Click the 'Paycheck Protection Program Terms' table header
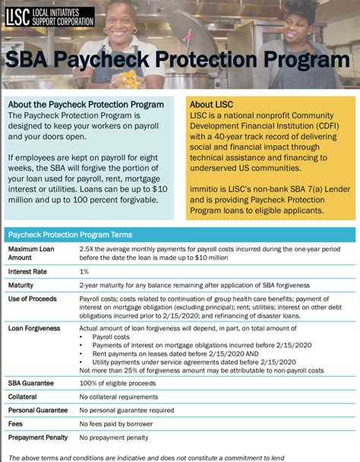(70, 235)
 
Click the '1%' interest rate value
(84, 271)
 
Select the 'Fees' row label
(16, 423)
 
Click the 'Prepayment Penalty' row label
(39, 438)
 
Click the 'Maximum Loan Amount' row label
(31, 253)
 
